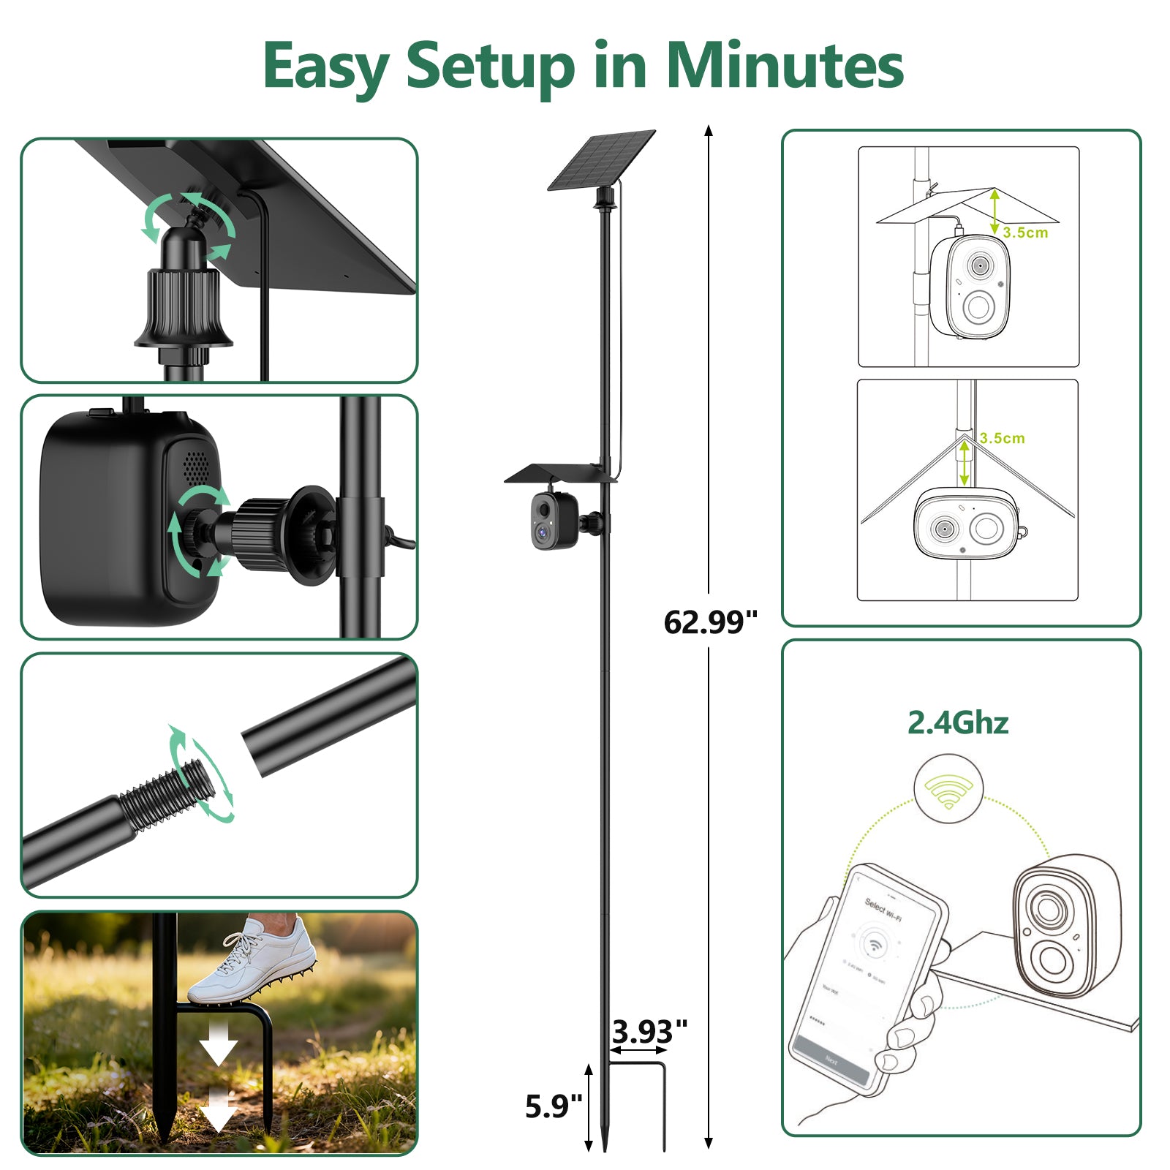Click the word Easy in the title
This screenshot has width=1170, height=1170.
point(325,67)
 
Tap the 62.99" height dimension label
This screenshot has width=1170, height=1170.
point(710,622)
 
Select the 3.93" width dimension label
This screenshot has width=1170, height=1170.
point(649,1032)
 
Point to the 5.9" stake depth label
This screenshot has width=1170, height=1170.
point(554,1106)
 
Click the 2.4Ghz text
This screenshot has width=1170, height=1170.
point(958,722)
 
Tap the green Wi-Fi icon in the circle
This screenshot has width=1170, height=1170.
point(948,790)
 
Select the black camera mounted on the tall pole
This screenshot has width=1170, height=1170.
point(554,521)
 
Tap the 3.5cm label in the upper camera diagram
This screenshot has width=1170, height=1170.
point(1025,233)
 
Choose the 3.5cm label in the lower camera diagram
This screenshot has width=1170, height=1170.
point(1002,438)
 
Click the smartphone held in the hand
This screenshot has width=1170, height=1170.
point(867,980)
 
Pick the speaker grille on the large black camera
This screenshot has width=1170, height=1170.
point(195,465)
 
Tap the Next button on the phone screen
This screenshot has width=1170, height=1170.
point(831,1061)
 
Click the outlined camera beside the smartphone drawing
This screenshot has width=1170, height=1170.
point(1065,926)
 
